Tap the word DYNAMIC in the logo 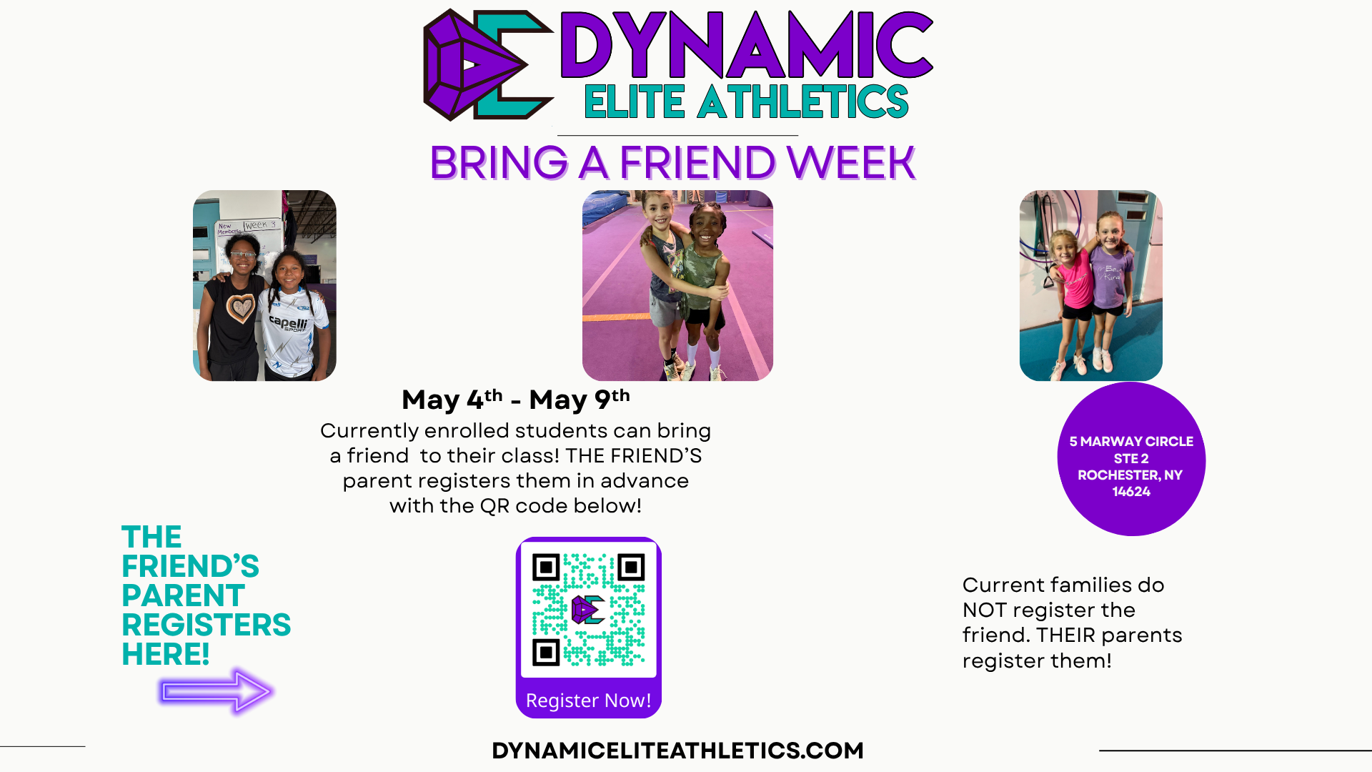pyautogui.click(x=747, y=44)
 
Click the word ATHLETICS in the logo pyautogui.click(x=803, y=102)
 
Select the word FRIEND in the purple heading pyautogui.click(x=697, y=162)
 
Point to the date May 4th pyautogui.click(x=452, y=400)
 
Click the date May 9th pyautogui.click(x=580, y=400)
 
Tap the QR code pyautogui.click(x=589, y=610)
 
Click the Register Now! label pyautogui.click(x=589, y=701)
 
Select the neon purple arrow pyautogui.click(x=216, y=691)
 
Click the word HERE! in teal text pyautogui.click(x=166, y=654)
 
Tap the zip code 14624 pyautogui.click(x=1131, y=492)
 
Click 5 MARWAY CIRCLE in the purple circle pyautogui.click(x=1131, y=442)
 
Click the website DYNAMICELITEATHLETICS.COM pyautogui.click(x=678, y=751)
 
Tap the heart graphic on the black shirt pyautogui.click(x=241, y=307)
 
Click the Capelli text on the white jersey pyautogui.click(x=289, y=323)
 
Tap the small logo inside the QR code pyautogui.click(x=588, y=610)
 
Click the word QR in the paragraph pyautogui.click(x=494, y=506)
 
